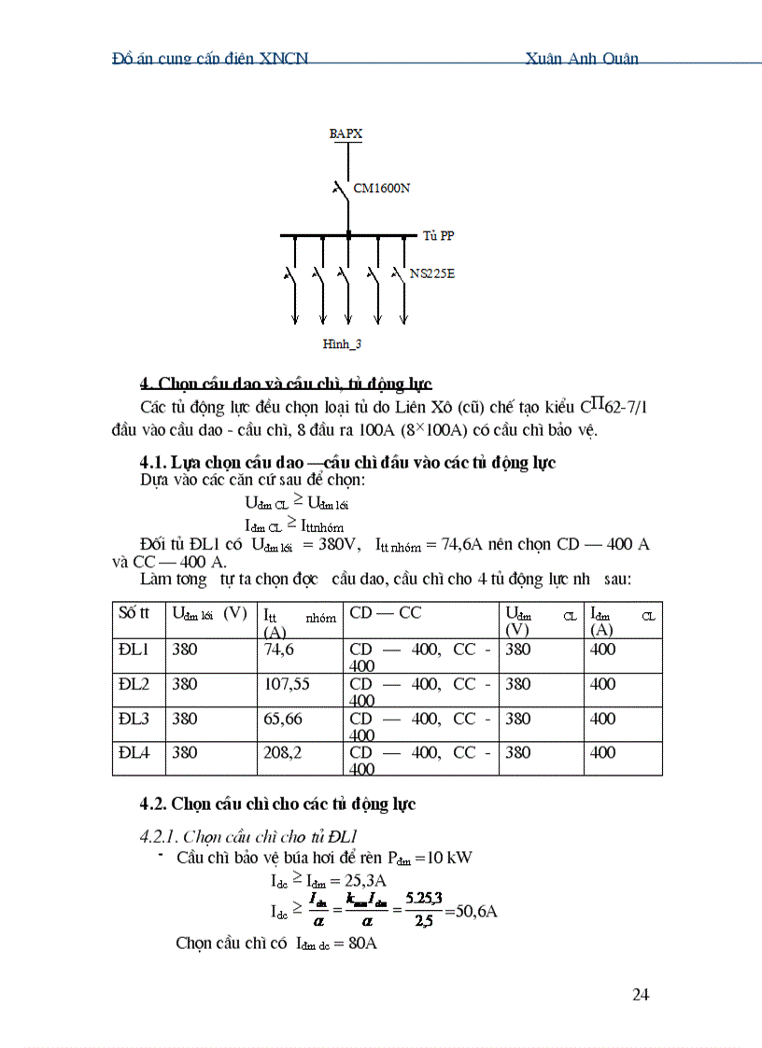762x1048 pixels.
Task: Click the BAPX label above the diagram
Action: click(x=346, y=134)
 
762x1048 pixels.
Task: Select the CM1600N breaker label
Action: click(x=382, y=189)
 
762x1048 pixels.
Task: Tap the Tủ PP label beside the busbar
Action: click(x=438, y=236)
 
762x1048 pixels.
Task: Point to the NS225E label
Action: click(x=432, y=274)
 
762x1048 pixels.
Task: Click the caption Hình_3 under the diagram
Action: click(x=342, y=344)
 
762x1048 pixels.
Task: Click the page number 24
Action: click(x=641, y=995)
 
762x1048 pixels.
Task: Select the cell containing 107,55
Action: click(x=284, y=684)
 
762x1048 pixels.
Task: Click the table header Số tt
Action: click(x=134, y=613)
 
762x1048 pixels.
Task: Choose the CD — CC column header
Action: click(x=385, y=613)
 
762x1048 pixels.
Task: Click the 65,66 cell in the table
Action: click(x=283, y=719)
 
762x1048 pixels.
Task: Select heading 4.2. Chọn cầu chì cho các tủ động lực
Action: click(x=277, y=803)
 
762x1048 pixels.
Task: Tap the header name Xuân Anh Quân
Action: click(x=582, y=58)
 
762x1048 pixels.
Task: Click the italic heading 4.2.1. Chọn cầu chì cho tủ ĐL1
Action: click(x=249, y=835)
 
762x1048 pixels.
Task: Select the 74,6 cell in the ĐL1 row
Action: click(x=279, y=650)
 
